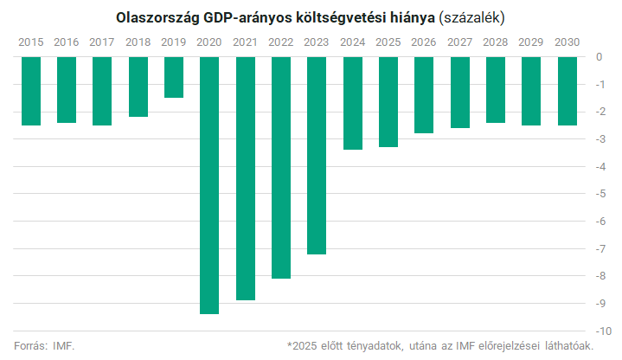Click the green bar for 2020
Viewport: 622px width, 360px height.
[x=209, y=185]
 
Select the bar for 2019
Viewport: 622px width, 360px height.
[x=174, y=77]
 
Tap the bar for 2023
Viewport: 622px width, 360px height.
[x=317, y=155]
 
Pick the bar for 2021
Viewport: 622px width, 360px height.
[x=245, y=178]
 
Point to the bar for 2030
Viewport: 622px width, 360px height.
[x=567, y=91]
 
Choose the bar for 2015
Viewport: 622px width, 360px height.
[x=31, y=91]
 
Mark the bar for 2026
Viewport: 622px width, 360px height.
[x=424, y=95]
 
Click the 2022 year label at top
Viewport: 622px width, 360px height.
[x=281, y=42]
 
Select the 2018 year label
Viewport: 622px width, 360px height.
[x=138, y=42]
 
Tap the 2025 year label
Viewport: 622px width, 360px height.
[x=388, y=42]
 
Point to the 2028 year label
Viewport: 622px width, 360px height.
[x=495, y=42]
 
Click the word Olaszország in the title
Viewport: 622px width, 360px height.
[x=156, y=17]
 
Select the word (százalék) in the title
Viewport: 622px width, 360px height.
[x=472, y=17]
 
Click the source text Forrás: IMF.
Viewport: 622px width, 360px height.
[x=44, y=346]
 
